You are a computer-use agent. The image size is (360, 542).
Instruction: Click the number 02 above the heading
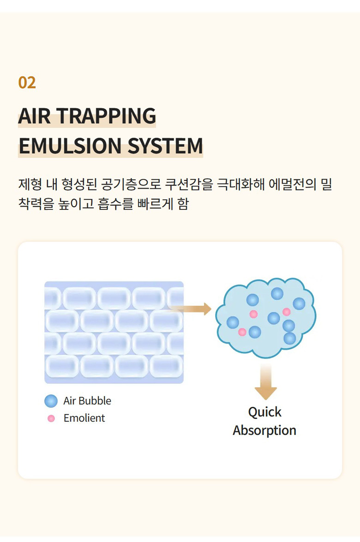pyautogui.click(x=27, y=83)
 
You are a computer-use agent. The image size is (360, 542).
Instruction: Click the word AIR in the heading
pyautogui.click(x=34, y=116)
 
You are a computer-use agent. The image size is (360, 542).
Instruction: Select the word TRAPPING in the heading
pyautogui.click(x=107, y=116)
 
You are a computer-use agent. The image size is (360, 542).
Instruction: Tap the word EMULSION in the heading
pyautogui.click(x=70, y=145)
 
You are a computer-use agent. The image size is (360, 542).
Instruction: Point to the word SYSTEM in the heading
pyautogui.click(x=165, y=145)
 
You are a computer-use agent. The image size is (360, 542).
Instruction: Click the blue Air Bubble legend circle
pyautogui.click(x=51, y=401)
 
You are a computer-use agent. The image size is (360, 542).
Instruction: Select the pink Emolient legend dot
pyautogui.click(x=51, y=418)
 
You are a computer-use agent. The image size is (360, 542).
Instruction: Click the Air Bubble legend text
pyautogui.click(x=87, y=401)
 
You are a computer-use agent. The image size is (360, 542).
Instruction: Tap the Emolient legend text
pyautogui.click(x=84, y=418)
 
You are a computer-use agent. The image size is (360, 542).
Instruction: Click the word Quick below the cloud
pyautogui.click(x=265, y=412)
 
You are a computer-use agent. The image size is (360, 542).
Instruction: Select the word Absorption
pyautogui.click(x=264, y=431)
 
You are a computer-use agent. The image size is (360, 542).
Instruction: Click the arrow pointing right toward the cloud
pyautogui.click(x=190, y=309)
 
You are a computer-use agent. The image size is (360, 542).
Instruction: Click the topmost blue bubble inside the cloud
pyautogui.click(x=277, y=294)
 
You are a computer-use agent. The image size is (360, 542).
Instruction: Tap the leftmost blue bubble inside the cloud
pyautogui.click(x=233, y=322)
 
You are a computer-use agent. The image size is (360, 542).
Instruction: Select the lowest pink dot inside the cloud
pyautogui.click(x=242, y=332)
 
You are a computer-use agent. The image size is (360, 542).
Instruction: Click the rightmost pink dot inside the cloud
pyautogui.click(x=286, y=312)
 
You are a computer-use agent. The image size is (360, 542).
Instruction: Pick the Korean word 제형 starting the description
pyautogui.click(x=30, y=184)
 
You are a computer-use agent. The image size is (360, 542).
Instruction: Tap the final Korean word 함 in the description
pyautogui.click(x=183, y=204)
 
